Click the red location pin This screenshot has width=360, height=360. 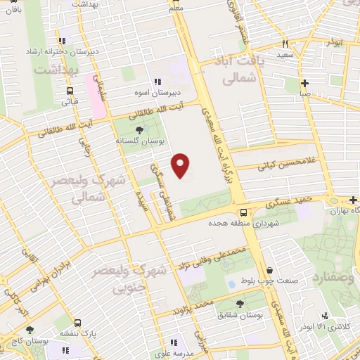point(181,165)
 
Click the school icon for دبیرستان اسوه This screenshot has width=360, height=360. point(157,82)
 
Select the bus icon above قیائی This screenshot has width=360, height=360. point(70,91)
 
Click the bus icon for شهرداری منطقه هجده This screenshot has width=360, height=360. point(243,212)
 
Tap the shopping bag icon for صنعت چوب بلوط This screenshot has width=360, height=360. point(270,270)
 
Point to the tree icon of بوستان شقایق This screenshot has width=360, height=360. point(240,303)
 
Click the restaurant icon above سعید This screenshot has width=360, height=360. point(285,44)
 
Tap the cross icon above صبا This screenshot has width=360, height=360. point(304,82)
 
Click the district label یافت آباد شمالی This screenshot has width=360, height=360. point(242,71)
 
